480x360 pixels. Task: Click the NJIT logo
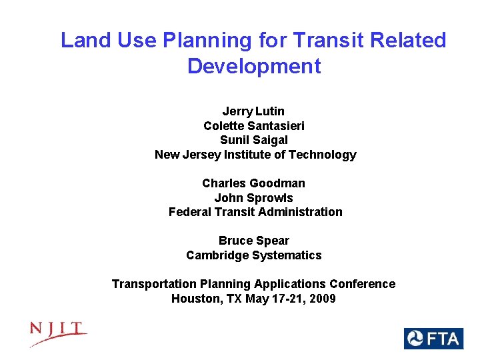[x=58, y=333]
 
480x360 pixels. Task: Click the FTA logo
[x=433, y=339]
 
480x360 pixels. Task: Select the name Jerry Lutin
[x=253, y=111]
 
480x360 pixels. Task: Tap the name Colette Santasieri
[x=254, y=125]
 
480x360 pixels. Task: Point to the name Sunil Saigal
[x=254, y=140]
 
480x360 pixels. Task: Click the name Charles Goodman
[x=253, y=183]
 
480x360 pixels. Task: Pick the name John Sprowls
[x=253, y=197]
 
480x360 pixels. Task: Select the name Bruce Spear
[x=254, y=241]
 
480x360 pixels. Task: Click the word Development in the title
[x=254, y=66]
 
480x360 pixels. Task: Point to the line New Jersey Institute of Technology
[x=255, y=155]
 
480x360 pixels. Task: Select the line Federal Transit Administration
[x=255, y=212]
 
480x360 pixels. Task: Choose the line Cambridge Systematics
[x=254, y=255]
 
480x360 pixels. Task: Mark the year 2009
[x=322, y=299]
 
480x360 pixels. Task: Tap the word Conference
[x=366, y=284]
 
